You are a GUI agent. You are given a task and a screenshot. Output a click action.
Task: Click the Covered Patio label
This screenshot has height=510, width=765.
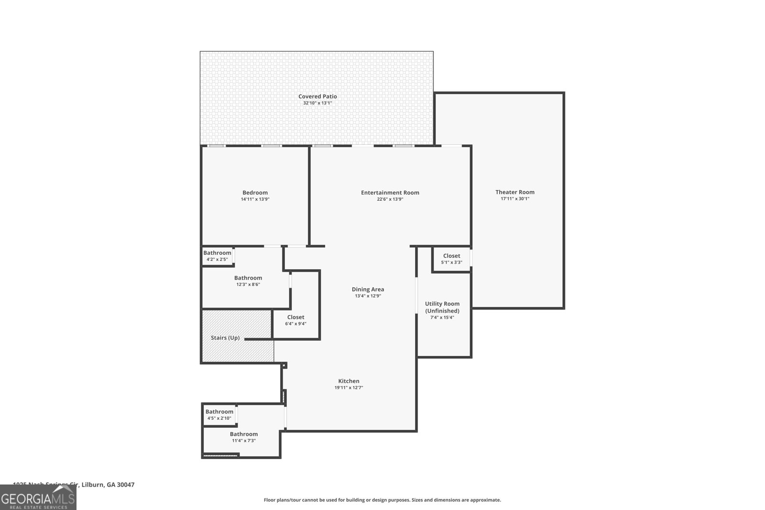coord(317,97)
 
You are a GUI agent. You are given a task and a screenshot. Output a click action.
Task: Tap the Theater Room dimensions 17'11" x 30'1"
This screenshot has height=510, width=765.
coord(515,199)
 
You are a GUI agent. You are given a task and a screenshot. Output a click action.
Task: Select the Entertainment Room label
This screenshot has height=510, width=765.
coord(390,193)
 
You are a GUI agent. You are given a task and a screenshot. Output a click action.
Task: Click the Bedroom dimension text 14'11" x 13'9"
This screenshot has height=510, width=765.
coord(255,199)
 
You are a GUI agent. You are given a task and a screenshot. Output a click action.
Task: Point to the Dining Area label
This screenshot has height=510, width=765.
coord(368,289)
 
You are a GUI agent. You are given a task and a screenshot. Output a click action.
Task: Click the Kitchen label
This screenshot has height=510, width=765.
coord(349,381)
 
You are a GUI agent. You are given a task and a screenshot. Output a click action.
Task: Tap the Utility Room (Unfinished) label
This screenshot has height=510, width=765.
coord(442,307)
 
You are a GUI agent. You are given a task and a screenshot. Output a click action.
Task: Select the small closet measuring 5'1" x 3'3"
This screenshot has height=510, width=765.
coord(451,259)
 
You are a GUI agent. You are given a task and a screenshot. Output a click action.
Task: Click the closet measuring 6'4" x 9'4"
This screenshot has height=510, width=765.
coord(295,320)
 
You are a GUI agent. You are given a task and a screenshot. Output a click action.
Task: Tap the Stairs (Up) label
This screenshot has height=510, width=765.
coord(225,338)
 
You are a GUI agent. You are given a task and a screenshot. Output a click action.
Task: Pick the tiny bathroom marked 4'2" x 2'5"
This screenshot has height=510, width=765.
coord(217,256)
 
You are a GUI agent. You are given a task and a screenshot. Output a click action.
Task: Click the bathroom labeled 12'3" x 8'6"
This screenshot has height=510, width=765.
coord(248,281)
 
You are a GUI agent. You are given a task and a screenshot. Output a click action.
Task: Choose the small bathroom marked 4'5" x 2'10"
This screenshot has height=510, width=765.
coord(219,414)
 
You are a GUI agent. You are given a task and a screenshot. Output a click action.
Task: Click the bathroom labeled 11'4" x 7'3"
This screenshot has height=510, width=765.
coord(243,437)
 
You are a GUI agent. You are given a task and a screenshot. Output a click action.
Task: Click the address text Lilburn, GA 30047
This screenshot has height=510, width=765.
coord(108,485)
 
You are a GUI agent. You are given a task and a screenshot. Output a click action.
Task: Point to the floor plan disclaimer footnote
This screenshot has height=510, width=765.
coord(382,500)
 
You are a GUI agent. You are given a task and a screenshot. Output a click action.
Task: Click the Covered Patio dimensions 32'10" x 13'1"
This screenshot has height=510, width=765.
coord(317,103)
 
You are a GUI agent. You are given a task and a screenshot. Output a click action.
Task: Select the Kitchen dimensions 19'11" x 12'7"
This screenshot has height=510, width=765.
coord(349,388)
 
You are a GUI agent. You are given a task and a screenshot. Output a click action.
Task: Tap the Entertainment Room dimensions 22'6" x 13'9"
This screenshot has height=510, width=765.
coord(390,199)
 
